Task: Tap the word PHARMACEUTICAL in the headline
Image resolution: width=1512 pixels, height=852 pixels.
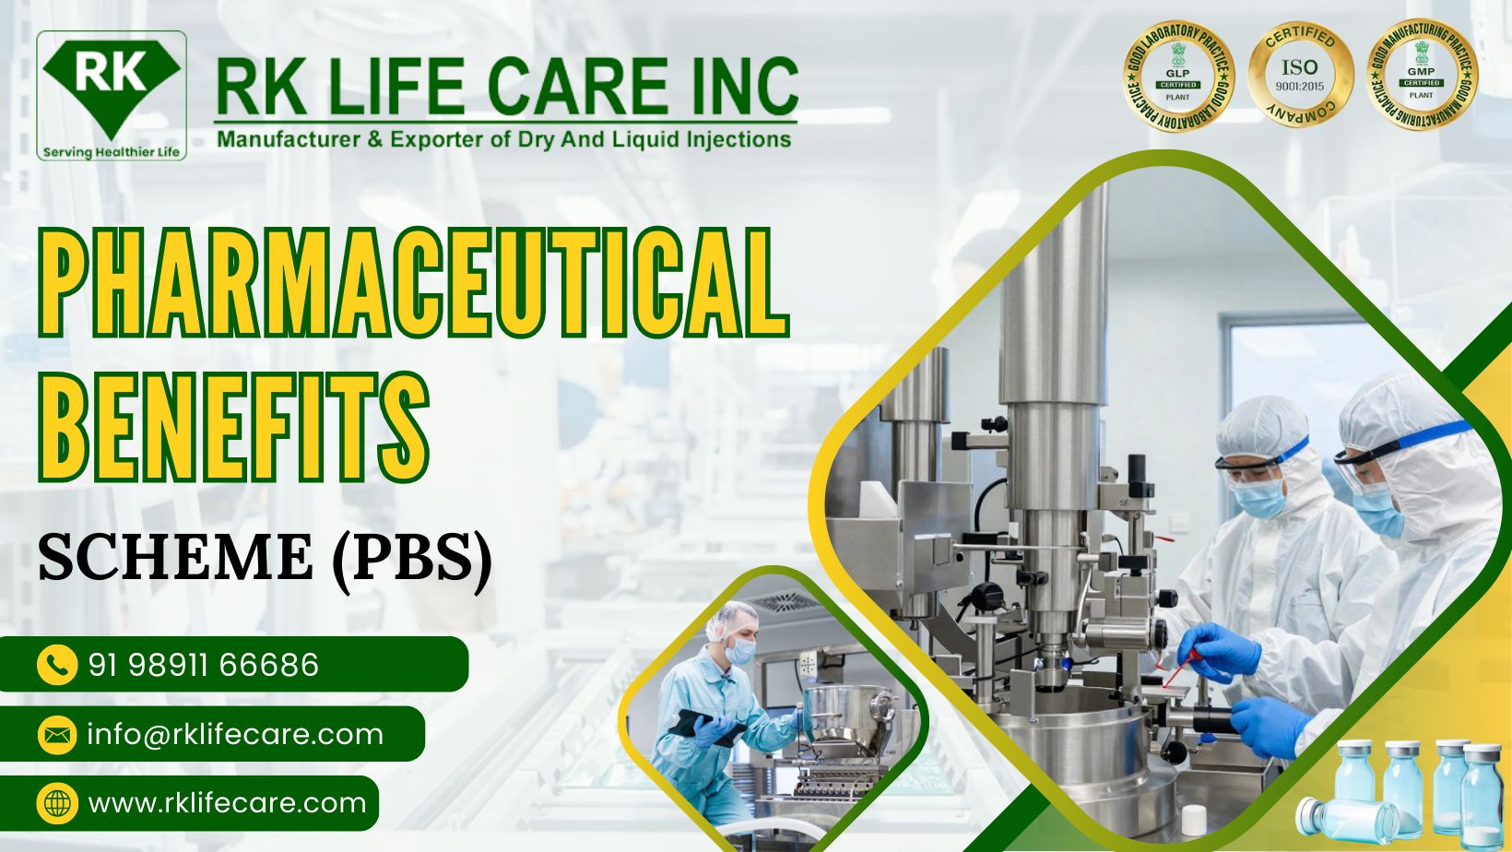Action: coord(412,283)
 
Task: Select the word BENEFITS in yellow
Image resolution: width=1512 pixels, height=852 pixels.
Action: coord(233,428)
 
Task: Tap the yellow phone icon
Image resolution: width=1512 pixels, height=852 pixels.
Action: coord(56,665)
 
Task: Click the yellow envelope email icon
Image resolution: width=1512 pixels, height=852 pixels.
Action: coord(56,735)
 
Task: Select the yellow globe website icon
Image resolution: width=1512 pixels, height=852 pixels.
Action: coord(56,803)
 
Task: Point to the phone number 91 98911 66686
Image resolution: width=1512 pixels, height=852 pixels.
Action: coord(204,665)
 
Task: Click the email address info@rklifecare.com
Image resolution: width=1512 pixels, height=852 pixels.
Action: coord(235,735)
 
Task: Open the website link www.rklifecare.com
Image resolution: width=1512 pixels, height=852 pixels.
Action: coord(227,803)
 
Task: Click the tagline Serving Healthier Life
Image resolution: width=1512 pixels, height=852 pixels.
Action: coord(112,152)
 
